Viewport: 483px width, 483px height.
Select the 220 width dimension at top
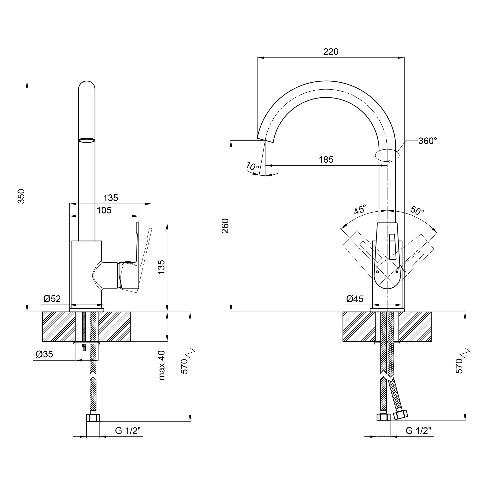click(331, 52)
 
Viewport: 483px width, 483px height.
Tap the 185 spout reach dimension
click(326, 159)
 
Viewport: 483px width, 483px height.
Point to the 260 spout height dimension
click(225, 226)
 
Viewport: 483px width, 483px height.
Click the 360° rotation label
click(428, 141)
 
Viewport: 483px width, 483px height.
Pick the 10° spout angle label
click(253, 166)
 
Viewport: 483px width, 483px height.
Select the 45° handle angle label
click(360, 209)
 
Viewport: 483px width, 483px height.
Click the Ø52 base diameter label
click(52, 298)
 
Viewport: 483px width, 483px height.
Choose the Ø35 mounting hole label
click(44, 354)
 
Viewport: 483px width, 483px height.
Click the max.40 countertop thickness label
click(162, 365)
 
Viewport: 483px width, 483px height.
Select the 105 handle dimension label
click(104, 210)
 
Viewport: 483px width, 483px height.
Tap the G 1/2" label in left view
click(128, 431)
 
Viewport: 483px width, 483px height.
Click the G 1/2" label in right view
click(419, 431)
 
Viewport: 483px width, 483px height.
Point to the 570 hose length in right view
click(459, 366)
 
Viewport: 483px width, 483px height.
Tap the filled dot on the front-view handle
click(397, 272)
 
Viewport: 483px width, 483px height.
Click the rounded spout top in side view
click(87, 85)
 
